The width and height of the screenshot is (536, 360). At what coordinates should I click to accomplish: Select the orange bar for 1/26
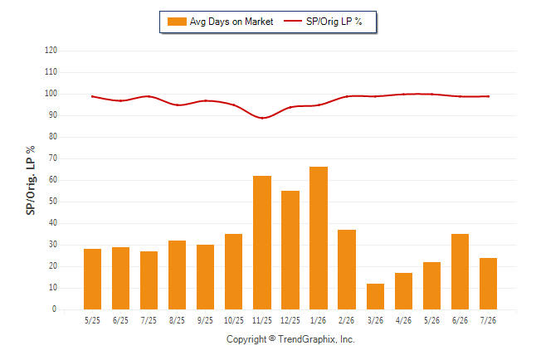[319, 238]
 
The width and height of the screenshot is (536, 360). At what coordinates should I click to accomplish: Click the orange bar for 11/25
[262, 243]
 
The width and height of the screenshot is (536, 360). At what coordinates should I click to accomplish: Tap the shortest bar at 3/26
[375, 296]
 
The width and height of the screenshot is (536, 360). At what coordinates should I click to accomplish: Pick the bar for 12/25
[290, 250]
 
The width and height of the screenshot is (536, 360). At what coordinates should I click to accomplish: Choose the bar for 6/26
[460, 272]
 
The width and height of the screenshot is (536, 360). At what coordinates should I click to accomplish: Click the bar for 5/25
[92, 279]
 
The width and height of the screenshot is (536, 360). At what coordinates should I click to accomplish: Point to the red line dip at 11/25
[262, 118]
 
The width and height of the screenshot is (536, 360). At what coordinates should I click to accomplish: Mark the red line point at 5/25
[92, 96]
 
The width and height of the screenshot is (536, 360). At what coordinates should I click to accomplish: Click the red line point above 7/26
[488, 96]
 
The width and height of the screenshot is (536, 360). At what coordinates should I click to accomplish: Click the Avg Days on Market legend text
[231, 22]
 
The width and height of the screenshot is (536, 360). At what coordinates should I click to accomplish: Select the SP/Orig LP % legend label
[334, 22]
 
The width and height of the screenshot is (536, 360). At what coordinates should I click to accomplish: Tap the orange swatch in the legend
[177, 22]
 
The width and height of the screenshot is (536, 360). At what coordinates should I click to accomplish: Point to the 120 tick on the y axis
[51, 51]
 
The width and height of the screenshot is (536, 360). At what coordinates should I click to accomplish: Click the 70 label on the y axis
[53, 158]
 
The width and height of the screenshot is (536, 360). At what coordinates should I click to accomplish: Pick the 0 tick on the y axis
[55, 309]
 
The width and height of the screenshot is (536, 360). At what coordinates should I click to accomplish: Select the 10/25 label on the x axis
[234, 320]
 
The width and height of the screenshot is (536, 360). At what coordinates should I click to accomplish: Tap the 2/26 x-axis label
[347, 320]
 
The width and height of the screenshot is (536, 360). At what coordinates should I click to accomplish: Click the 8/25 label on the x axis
[177, 320]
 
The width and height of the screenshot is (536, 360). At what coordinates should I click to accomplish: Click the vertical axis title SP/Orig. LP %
[31, 180]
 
